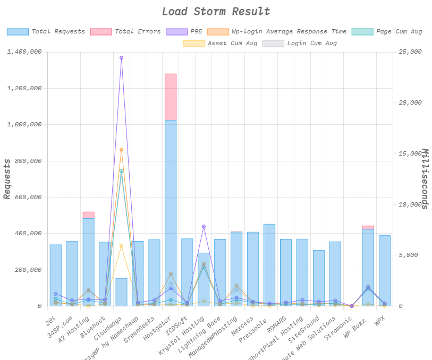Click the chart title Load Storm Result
[216, 12]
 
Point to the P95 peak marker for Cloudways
[121, 57]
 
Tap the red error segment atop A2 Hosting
[88, 215]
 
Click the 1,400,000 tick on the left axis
[24, 52]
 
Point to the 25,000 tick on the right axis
[410, 52]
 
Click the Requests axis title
[7, 179]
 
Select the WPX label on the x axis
[381, 321]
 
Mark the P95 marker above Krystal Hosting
[204, 227]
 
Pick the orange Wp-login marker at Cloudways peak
[121, 150]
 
